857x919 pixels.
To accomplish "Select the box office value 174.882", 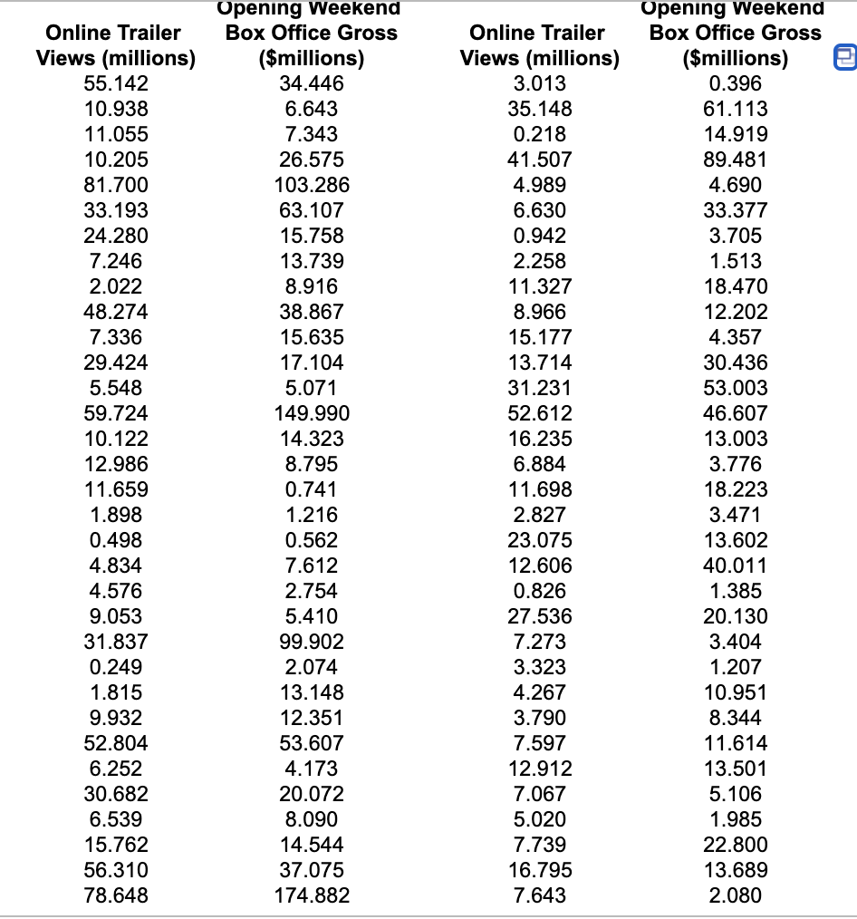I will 312,895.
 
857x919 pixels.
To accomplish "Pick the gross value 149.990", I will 312,413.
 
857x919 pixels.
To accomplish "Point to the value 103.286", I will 312,185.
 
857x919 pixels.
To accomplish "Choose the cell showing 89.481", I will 736,160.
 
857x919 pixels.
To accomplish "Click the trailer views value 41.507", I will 540,160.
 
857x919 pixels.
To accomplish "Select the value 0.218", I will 540,134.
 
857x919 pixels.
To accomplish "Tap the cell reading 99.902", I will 312,642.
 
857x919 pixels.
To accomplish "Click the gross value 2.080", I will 736,895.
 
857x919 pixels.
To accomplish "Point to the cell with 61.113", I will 736,109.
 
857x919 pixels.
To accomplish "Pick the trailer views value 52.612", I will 540,413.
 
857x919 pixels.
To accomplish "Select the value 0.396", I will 736,83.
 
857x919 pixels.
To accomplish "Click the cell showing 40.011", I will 736,566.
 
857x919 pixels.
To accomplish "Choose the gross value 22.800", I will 736,845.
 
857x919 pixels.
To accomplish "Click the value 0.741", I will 312,489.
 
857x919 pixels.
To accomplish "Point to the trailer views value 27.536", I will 540,616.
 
